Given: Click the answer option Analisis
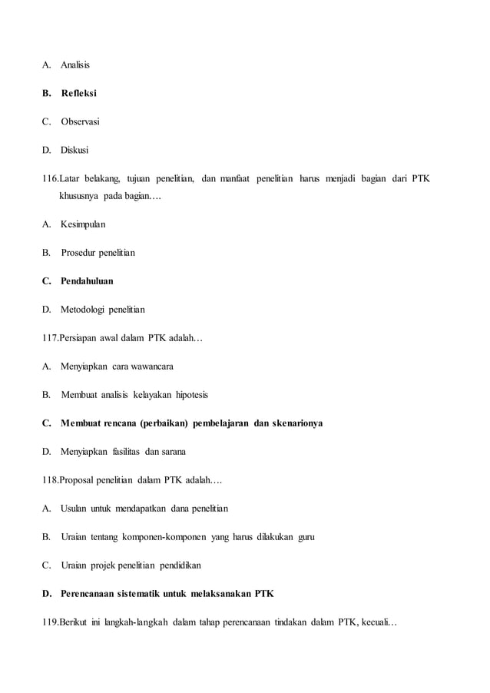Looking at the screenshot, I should coord(75,65).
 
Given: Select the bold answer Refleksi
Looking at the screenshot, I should coord(79,93).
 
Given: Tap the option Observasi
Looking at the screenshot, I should coord(80,121).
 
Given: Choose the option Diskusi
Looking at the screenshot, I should coord(74,150).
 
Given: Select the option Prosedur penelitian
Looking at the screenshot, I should coord(98,253).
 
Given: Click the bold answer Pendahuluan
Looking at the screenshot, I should coord(87,281).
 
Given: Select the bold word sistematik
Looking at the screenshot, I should coord(135,594).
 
